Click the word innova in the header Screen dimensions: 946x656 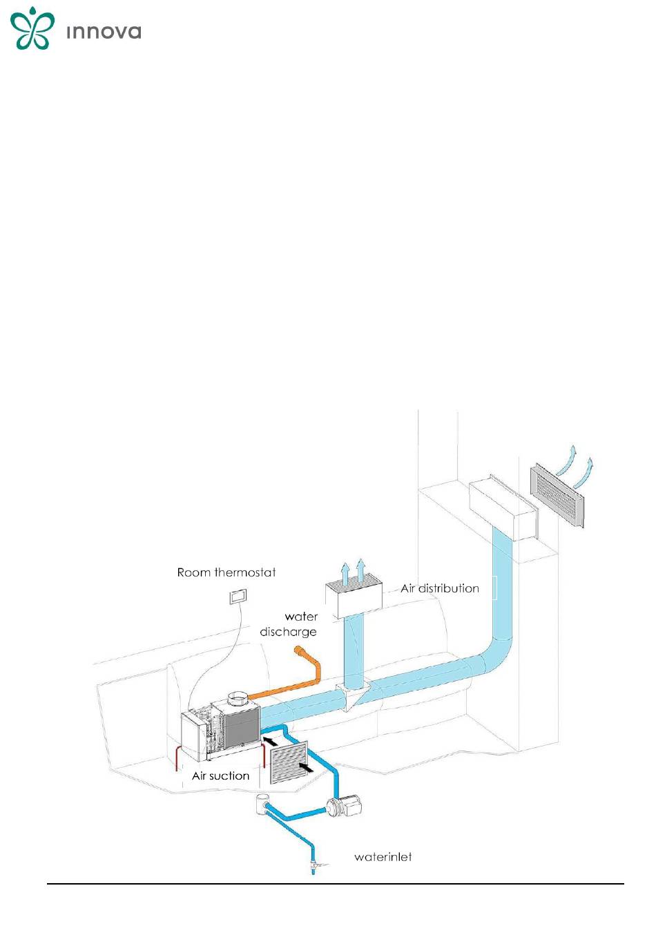104,32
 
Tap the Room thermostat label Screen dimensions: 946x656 226,572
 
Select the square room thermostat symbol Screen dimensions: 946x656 238,596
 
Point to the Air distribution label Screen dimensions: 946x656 440,589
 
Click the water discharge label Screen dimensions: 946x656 289,624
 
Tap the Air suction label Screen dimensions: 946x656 220,776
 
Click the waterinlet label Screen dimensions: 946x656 383,858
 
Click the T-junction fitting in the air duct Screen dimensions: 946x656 353,695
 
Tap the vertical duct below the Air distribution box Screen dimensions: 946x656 354,650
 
